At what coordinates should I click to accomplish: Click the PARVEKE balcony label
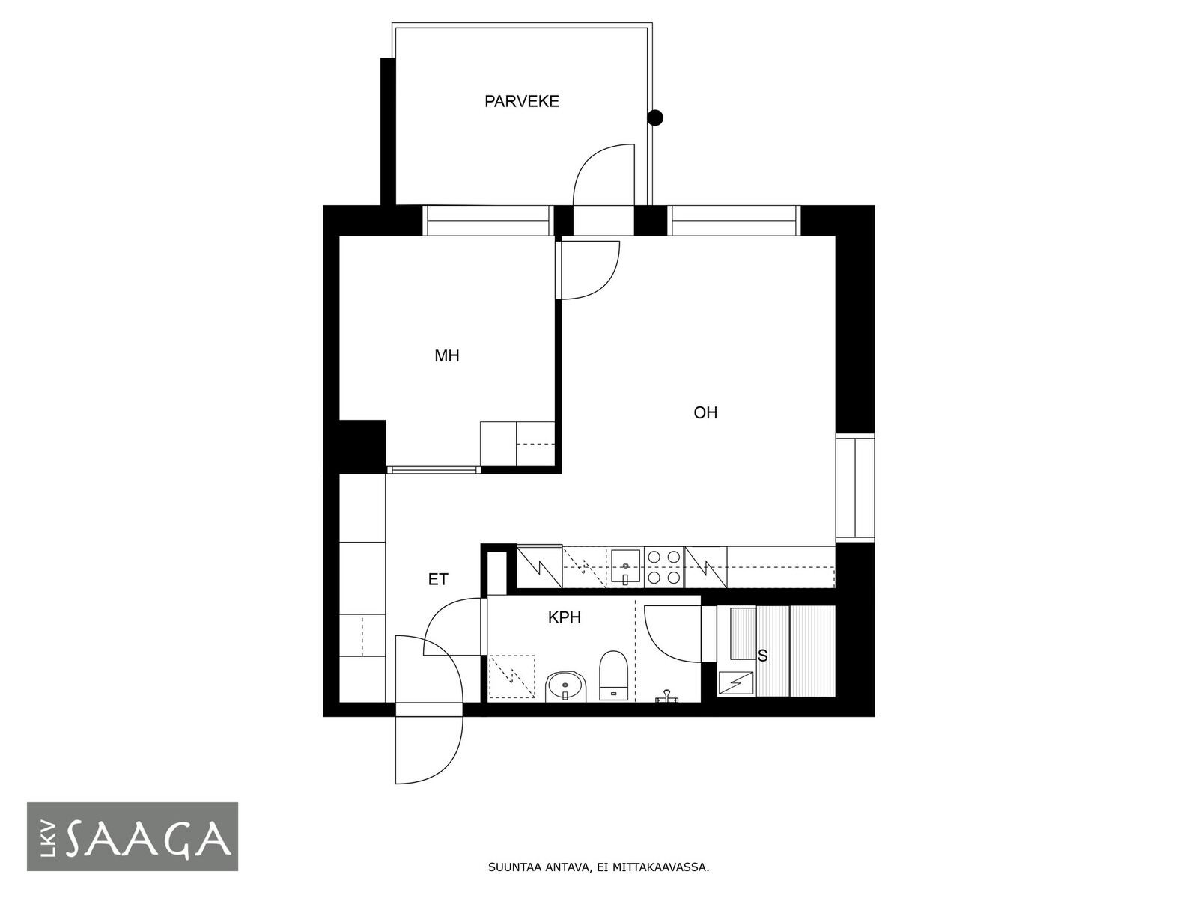[521, 102]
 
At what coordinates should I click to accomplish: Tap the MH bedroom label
[446, 356]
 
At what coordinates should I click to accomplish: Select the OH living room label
[705, 413]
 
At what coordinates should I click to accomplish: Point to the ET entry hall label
[438, 579]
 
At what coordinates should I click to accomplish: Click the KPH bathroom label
[565, 618]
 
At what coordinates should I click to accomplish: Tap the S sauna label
[762, 656]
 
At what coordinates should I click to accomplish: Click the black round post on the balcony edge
[655, 117]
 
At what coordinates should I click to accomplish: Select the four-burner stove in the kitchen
[664, 567]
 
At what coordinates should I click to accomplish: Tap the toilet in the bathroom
[613, 675]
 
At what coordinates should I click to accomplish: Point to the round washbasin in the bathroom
[565, 686]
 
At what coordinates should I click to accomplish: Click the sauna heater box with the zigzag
[736, 683]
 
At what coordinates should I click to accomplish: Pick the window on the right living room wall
[855, 487]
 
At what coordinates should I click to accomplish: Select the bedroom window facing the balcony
[487, 221]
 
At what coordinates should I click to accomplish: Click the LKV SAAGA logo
[133, 837]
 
